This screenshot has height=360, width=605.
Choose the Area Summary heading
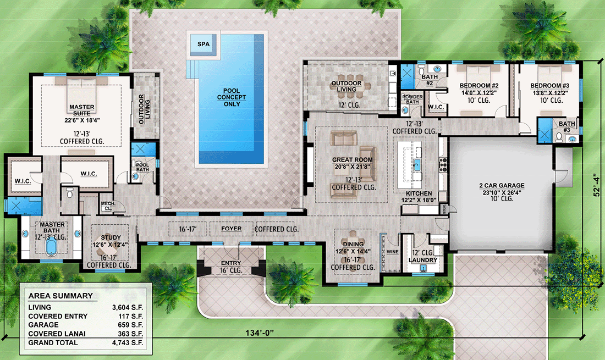pos(60,296)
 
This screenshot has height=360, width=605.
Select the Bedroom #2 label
pos(479,86)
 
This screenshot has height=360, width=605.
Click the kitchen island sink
pos(416,164)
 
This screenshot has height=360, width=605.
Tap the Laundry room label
pos(423,260)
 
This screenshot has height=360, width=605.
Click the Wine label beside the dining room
pos(393,251)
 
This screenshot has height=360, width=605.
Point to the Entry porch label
pos(230,263)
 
